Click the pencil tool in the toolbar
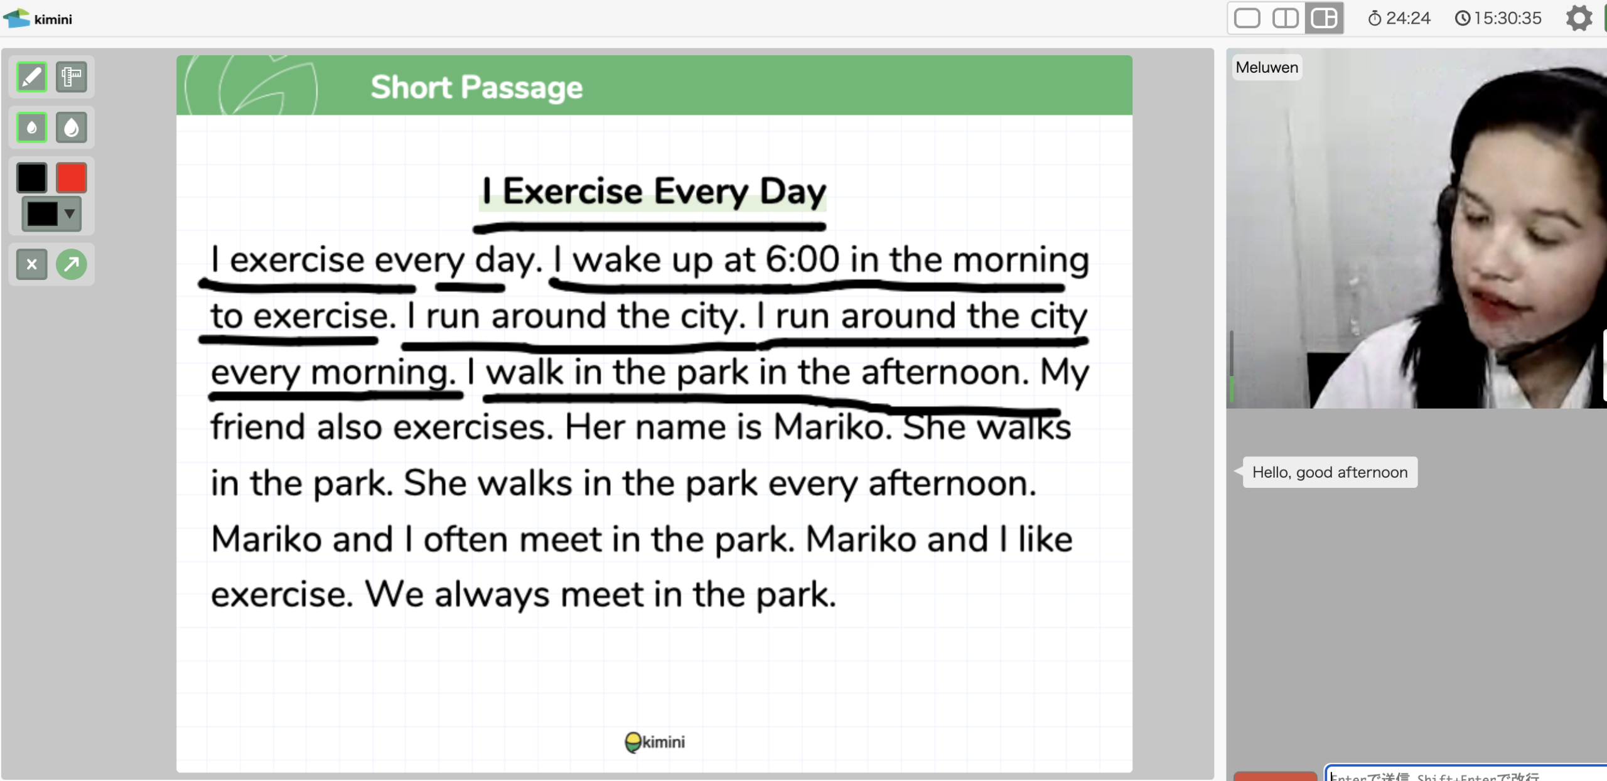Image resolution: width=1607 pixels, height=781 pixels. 31,77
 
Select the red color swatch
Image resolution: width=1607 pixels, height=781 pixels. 72,178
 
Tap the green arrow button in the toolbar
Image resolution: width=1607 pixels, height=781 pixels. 72,264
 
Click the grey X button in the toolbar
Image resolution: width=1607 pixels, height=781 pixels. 31,264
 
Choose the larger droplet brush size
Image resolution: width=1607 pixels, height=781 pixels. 72,127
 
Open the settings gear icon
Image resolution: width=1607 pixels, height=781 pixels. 1579,18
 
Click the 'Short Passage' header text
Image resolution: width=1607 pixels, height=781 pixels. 476,87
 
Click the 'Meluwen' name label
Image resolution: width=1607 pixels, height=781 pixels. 1267,67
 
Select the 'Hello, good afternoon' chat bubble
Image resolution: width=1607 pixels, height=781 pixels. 1330,472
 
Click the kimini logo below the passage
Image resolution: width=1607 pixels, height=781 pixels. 655,742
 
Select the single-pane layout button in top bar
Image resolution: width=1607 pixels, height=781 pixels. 1247,18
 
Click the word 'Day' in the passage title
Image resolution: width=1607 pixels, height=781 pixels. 793,191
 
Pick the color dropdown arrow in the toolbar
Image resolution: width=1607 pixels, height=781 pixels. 70,213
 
